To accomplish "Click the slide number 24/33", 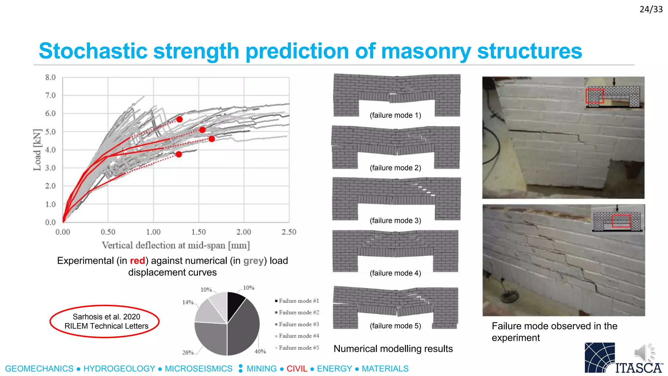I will point(651,9).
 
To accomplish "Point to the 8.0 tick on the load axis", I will point(50,77).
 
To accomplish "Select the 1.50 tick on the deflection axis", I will point(198,232).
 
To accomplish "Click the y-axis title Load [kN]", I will point(38,150).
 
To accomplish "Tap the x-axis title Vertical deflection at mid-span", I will point(175,245).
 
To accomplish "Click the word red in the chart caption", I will point(137,261).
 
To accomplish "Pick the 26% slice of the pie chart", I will point(211,338).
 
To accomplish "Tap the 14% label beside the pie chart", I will point(188,302).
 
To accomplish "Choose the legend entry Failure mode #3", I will point(298,324).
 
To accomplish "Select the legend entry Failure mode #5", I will point(298,348).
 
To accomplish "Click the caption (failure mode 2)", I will point(395,168).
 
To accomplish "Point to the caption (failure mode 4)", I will point(395,273).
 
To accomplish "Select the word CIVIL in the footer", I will point(297,368).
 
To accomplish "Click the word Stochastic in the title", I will point(93,51).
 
